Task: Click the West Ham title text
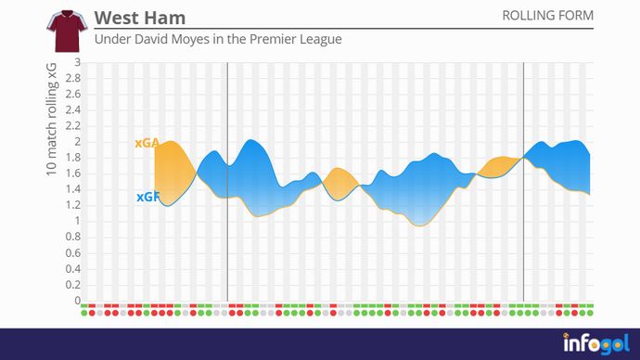(140, 19)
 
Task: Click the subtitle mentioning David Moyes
(218, 40)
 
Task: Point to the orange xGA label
(147, 144)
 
